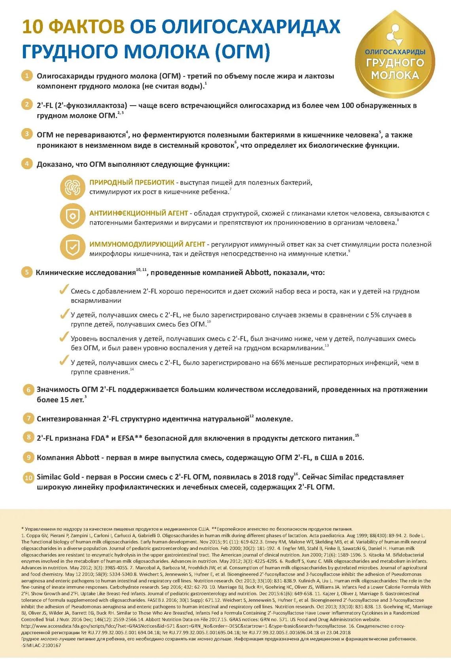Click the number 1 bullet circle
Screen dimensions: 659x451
(x=27, y=76)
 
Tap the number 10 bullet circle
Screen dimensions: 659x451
(x=28, y=477)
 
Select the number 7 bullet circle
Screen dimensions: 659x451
(x=28, y=418)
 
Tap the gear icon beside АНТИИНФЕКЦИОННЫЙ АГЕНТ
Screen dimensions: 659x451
(x=73, y=217)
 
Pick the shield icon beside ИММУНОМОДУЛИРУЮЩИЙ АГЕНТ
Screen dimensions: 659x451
(x=73, y=247)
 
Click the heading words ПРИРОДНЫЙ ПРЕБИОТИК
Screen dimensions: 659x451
(x=132, y=182)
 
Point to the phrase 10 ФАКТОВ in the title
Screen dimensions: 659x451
(x=73, y=26)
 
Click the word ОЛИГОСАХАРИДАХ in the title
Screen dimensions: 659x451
(x=251, y=26)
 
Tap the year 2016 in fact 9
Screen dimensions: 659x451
(x=354, y=457)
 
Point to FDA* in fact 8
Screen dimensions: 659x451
(x=99, y=438)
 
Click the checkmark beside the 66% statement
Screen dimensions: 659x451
(x=63, y=361)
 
